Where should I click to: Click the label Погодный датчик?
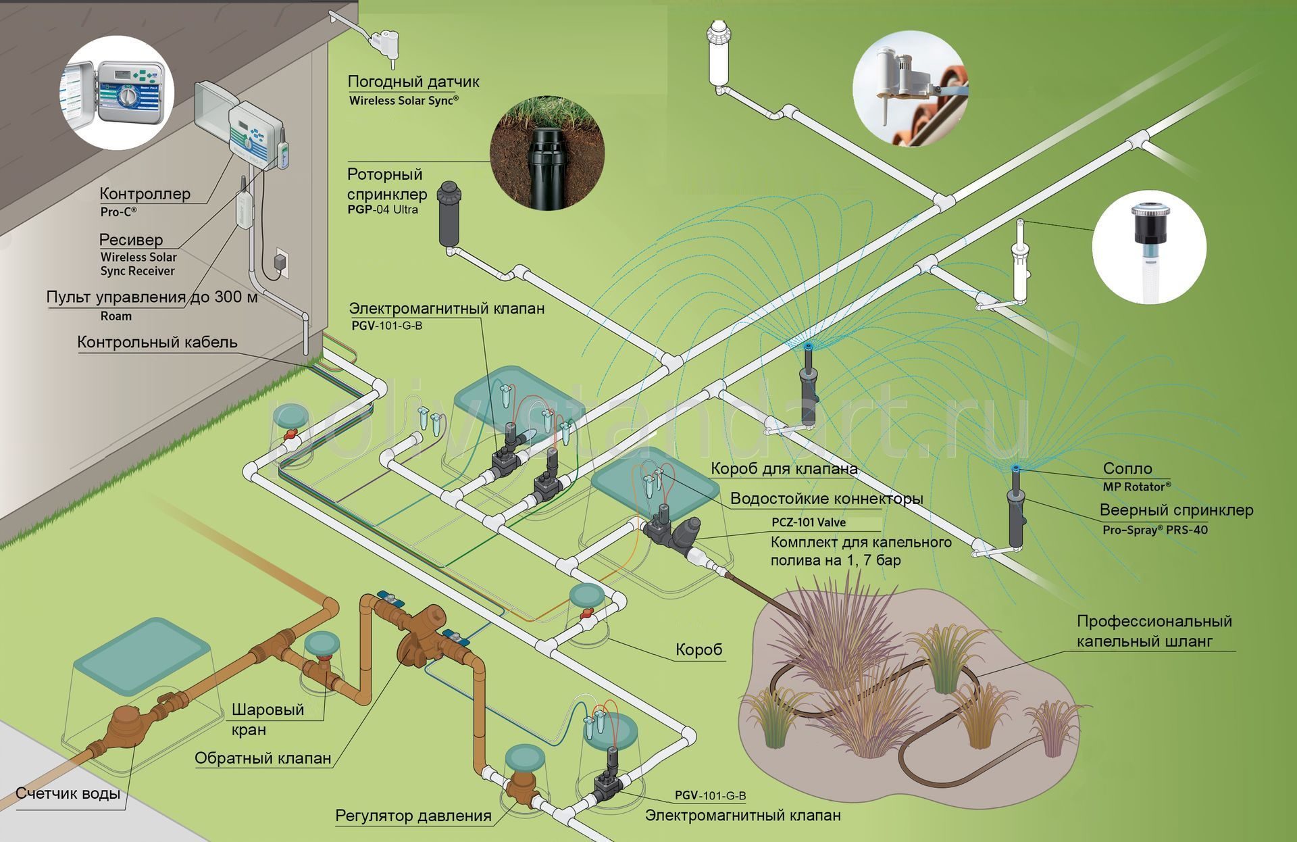pyautogui.click(x=413, y=82)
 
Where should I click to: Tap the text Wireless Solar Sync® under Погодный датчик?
pyautogui.click(x=404, y=101)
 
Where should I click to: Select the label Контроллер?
pyautogui.click(x=145, y=194)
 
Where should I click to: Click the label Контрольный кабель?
pyautogui.click(x=157, y=342)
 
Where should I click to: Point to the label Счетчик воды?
pyautogui.click(x=68, y=793)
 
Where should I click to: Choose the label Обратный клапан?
pyautogui.click(x=263, y=758)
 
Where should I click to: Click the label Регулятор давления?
pyautogui.click(x=413, y=816)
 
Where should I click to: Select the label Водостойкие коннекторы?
pyautogui.click(x=827, y=499)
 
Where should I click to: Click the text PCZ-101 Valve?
pyautogui.click(x=809, y=522)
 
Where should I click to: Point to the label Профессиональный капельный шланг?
pyautogui.click(x=1154, y=631)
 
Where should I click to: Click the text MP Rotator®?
pyautogui.click(x=1137, y=487)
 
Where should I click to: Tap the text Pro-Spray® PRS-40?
pyautogui.click(x=1155, y=530)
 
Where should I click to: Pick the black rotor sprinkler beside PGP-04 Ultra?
pyautogui.click(x=449, y=214)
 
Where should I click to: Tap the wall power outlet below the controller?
pyautogui.click(x=281, y=264)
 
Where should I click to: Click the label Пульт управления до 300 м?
pyautogui.click(x=152, y=297)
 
